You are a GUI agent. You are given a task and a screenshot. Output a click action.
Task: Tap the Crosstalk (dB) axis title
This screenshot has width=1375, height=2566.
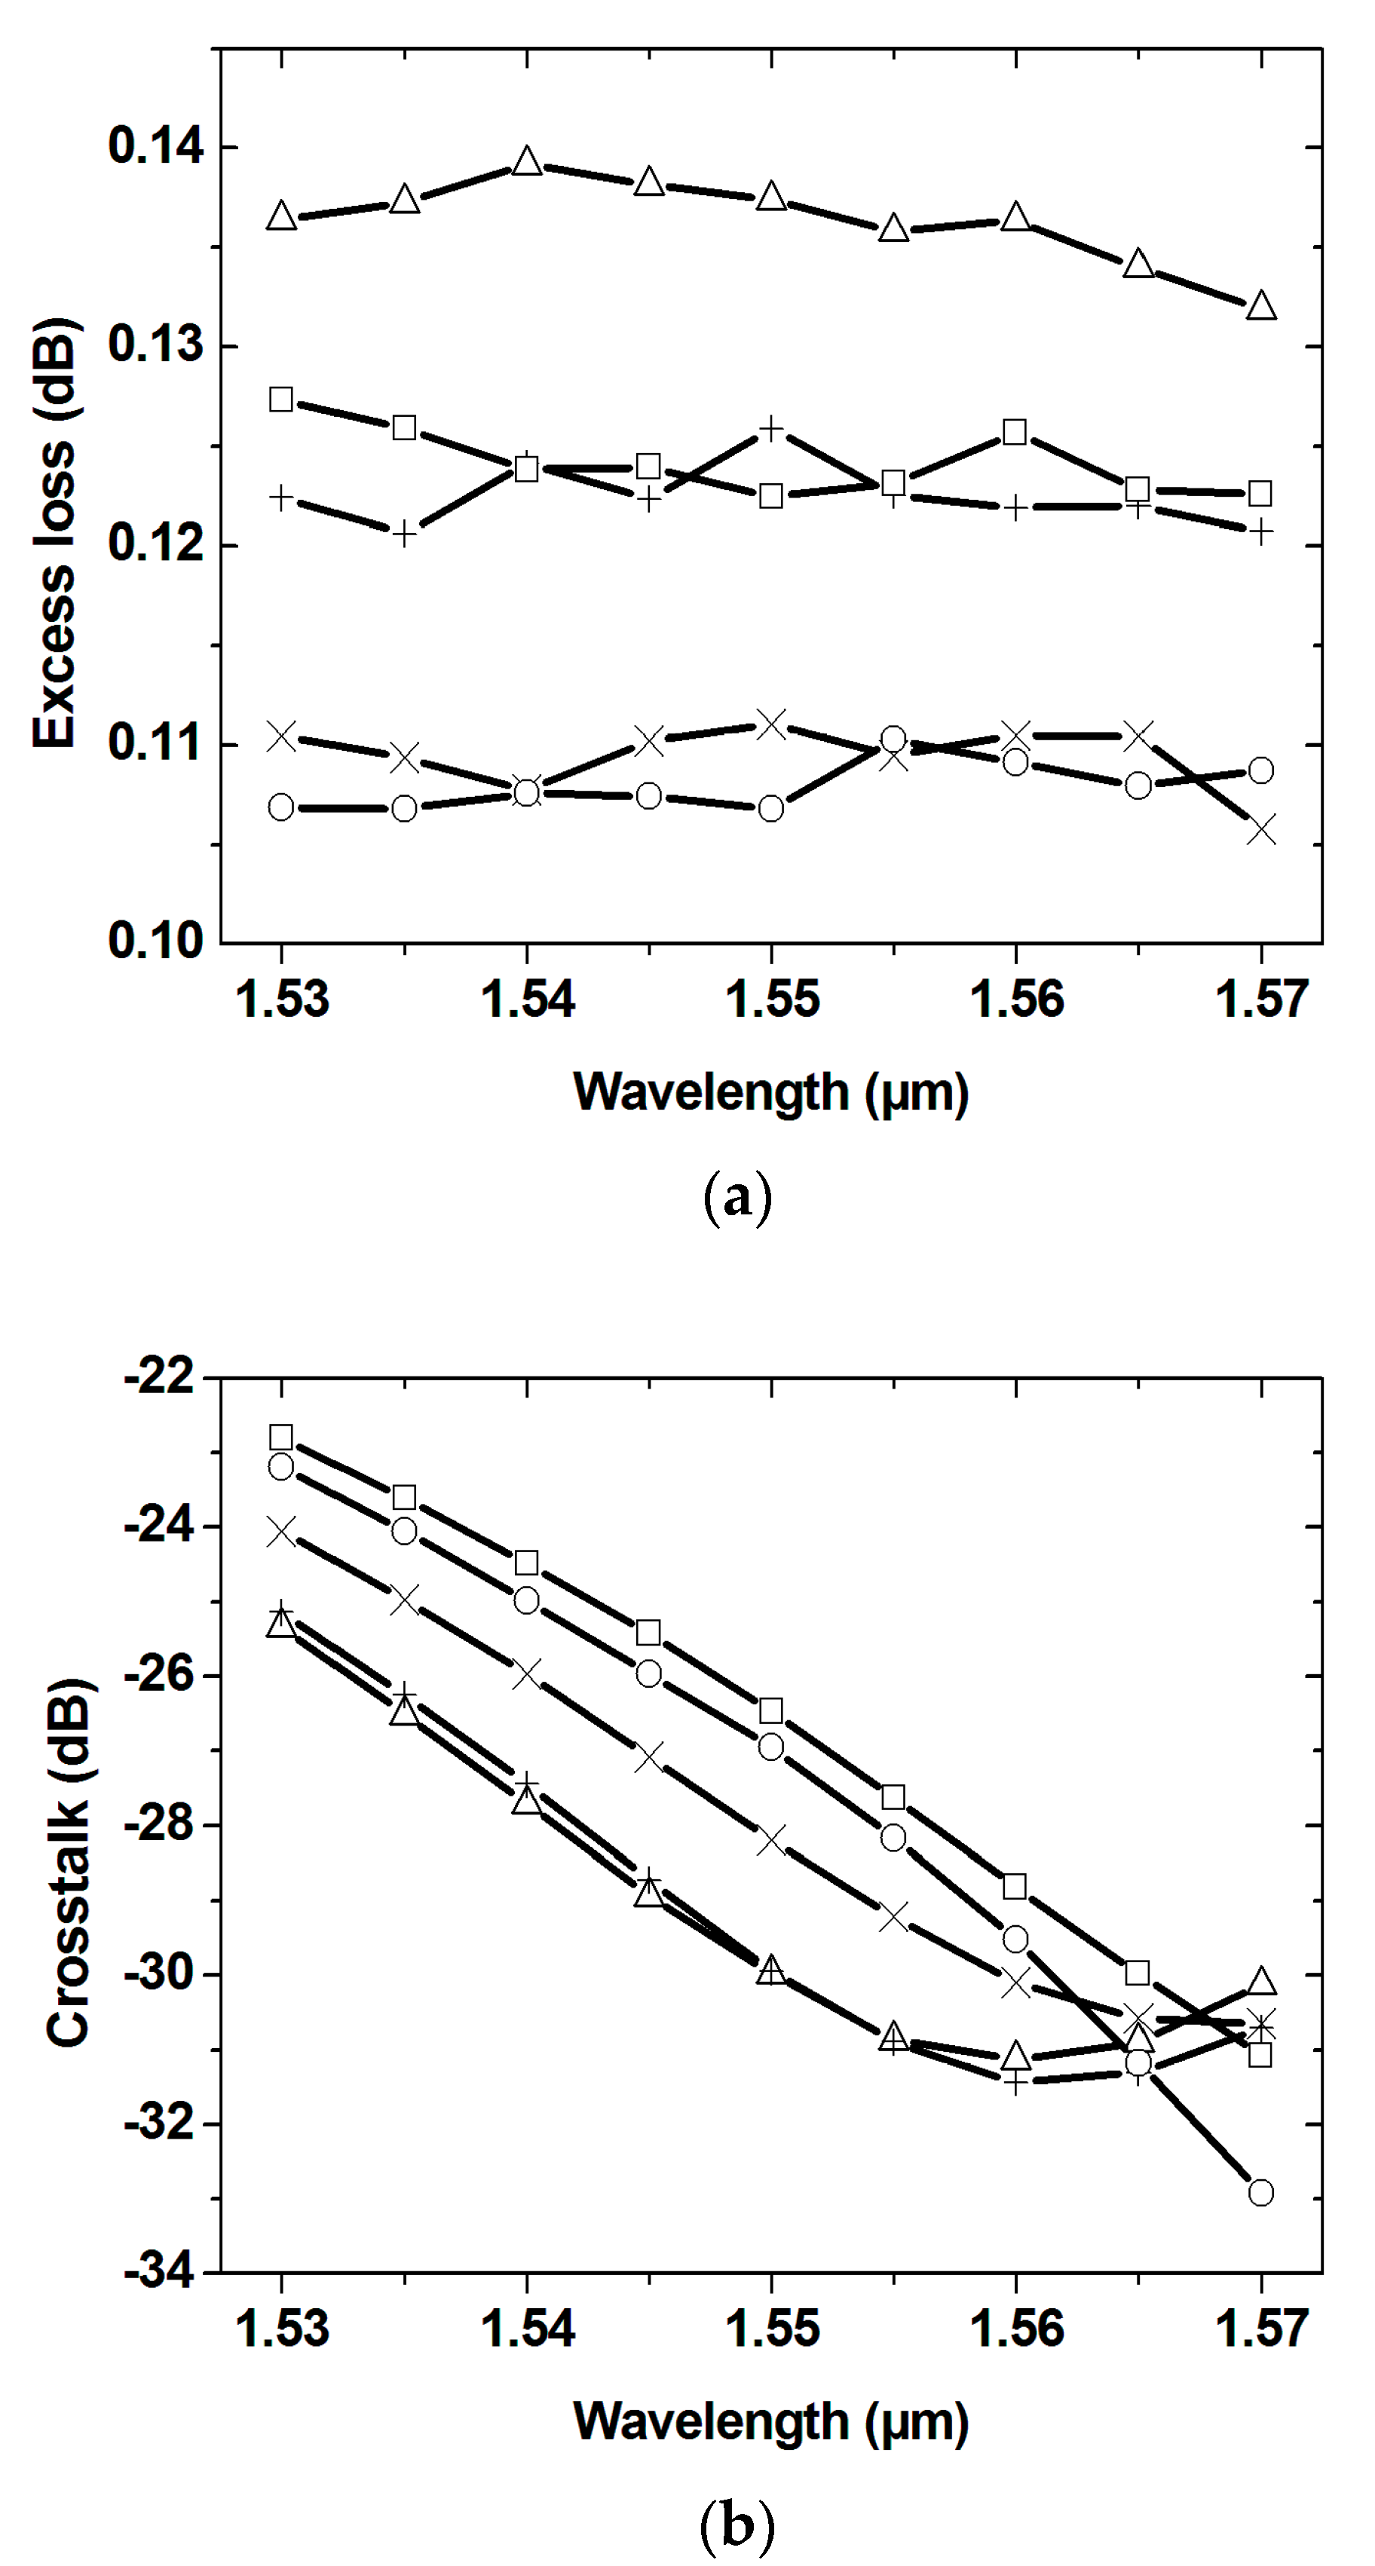(68, 1863)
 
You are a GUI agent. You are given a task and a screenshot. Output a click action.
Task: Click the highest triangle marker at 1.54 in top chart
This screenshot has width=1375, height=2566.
(527, 161)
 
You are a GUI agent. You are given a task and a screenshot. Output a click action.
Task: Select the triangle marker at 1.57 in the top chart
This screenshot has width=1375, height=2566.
(1261, 305)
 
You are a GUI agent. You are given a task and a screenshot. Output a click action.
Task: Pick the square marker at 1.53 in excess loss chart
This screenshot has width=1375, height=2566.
(282, 400)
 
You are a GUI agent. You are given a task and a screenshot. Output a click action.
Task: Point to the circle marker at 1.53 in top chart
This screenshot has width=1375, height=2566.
(282, 807)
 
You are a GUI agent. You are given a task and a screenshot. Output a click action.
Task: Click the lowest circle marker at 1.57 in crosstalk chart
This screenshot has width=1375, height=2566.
(1261, 2192)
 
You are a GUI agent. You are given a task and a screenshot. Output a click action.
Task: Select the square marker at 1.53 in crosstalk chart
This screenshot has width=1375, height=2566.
(282, 1438)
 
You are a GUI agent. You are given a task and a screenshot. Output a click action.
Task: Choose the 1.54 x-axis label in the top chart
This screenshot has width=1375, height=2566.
(527, 999)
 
